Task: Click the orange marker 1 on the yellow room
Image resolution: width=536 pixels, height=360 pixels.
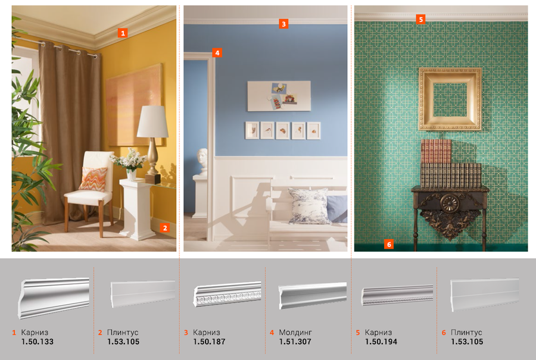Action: click(123, 33)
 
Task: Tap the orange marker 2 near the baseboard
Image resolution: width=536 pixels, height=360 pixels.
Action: click(165, 228)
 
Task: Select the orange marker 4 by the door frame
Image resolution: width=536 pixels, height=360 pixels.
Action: click(217, 52)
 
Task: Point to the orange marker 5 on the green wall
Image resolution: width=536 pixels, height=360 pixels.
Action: click(421, 19)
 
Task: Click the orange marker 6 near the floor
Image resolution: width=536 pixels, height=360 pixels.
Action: click(389, 244)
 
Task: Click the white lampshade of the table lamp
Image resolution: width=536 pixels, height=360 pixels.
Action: click(153, 121)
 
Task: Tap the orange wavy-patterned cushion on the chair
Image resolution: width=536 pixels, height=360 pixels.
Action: click(93, 179)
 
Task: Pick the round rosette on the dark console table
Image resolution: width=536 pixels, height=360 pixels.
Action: click(449, 202)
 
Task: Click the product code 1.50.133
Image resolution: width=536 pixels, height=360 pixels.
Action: click(38, 342)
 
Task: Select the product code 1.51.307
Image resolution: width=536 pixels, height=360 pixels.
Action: click(295, 342)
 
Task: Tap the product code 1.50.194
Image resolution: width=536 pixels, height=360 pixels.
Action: click(381, 342)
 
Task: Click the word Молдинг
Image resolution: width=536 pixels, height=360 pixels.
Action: click(295, 333)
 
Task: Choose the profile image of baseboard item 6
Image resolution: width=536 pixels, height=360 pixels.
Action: click(484, 294)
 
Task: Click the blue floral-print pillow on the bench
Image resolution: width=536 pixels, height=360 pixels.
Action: click(308, 206)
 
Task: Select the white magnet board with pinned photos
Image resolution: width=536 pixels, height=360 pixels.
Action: click(279, 96)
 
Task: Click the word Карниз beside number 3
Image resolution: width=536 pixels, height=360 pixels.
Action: click(206, 333)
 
